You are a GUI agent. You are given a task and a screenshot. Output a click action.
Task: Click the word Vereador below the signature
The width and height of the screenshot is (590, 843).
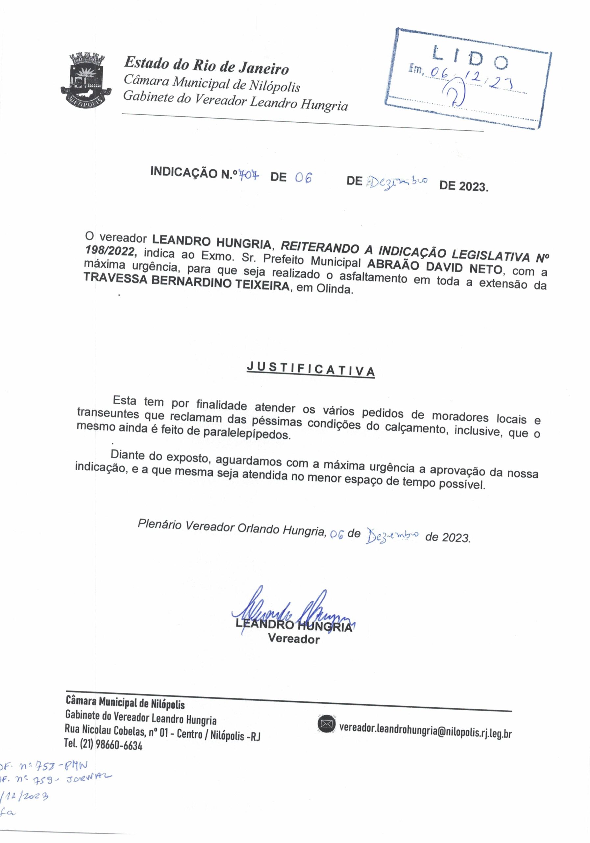293,639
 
